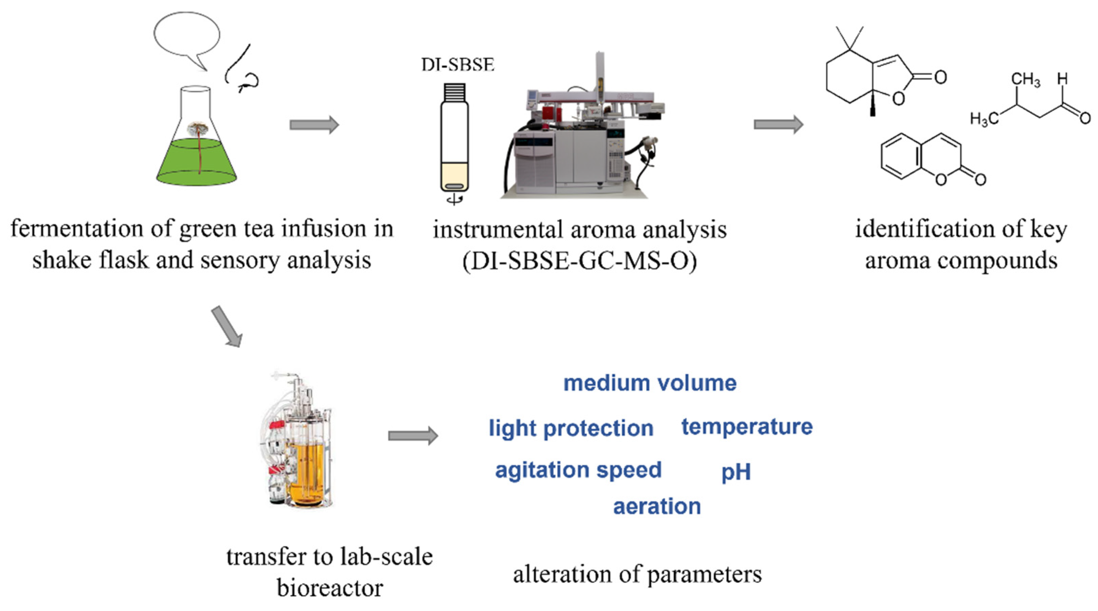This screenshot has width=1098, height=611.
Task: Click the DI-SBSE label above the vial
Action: coord(458,65)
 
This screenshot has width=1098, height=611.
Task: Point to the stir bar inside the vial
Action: coord(454,186)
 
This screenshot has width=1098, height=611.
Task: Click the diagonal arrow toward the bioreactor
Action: coord(227,326)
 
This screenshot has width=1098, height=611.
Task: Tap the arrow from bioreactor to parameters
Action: coord(413,436)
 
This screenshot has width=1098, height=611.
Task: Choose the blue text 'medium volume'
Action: coord(650,383)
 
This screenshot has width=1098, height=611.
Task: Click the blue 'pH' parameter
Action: coord(736,472)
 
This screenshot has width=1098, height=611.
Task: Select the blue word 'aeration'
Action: coord(657,507)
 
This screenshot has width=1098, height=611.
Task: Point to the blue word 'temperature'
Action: coord(747,426)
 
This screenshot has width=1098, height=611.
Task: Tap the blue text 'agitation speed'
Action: coord(578,470)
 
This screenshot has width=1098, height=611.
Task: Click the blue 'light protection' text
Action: coord(571,428)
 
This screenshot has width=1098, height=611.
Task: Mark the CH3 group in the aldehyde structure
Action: coord(1025,80)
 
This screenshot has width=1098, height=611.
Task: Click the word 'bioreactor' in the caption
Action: coord(329,588)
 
